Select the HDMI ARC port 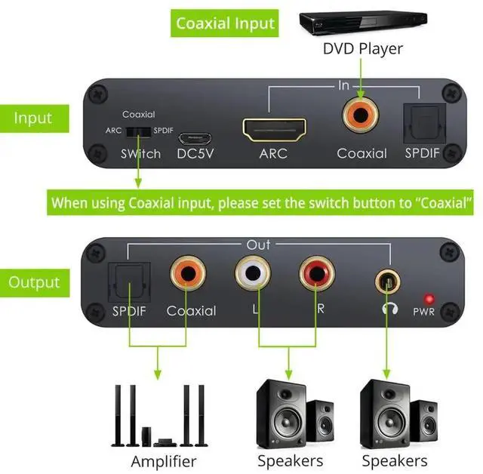[x=274, y=129]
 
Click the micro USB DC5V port [x=195, y=139]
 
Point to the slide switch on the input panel [x=137, y=131]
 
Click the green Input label [x=32, y=118]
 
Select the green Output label [x=34, y=282]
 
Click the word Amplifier [x=164, y=460]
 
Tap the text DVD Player [x=362, y=48]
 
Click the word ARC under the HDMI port [x=275, y=154]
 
